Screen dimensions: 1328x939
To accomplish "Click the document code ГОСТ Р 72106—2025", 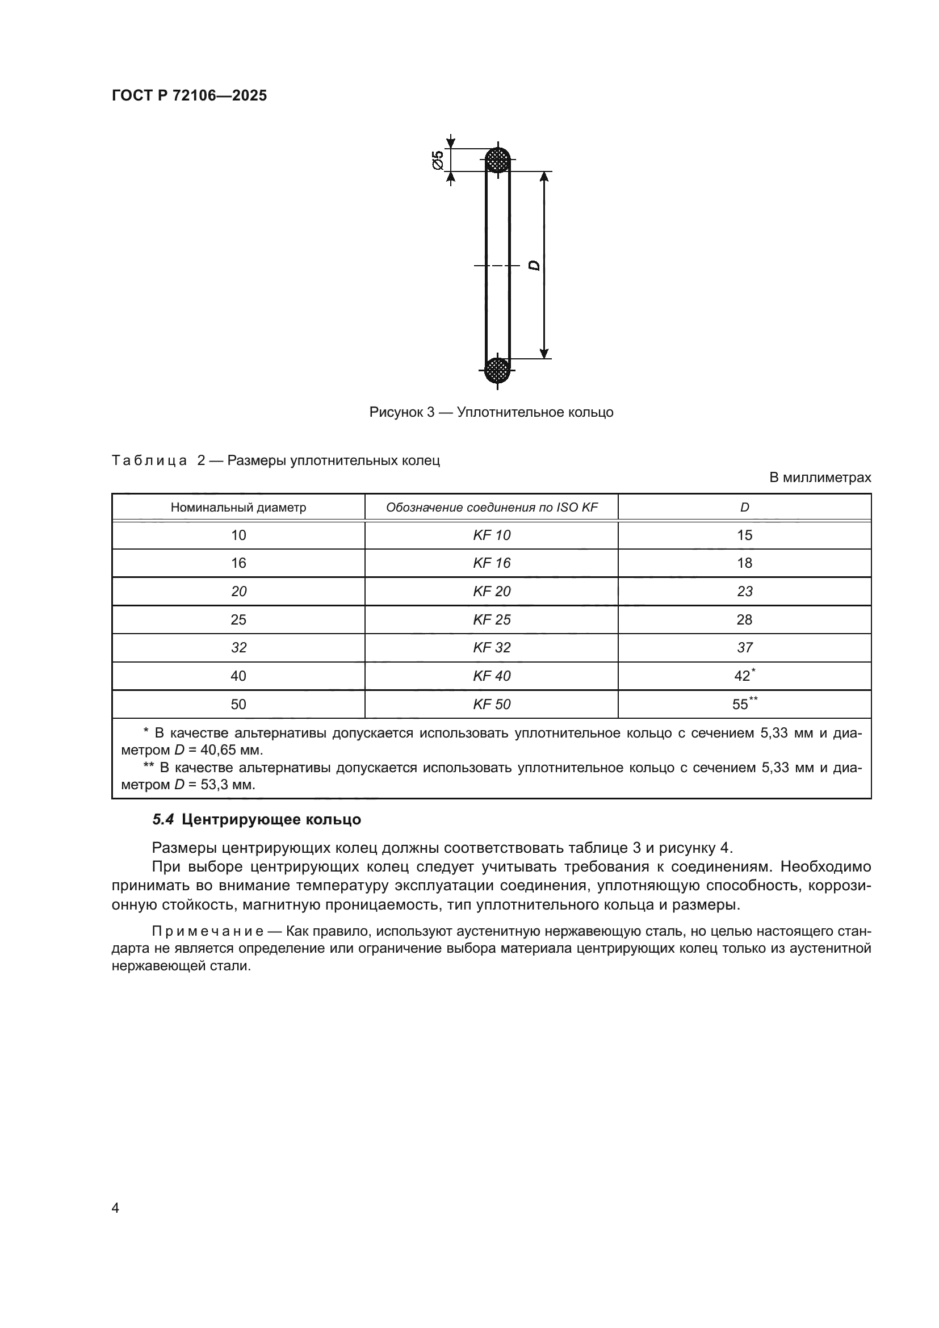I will (189, 95).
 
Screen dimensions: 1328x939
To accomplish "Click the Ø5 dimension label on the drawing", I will (438, 160).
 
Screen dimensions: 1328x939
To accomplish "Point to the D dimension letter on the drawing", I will (535, 266).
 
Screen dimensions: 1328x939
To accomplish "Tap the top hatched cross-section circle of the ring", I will (497, 160).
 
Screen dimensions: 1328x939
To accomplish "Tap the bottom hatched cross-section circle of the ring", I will (497, 370).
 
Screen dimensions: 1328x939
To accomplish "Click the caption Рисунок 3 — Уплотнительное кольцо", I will (491, 412).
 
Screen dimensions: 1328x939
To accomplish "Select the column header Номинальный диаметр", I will (238, 508).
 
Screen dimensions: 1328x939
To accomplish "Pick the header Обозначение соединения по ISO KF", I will (492, 508).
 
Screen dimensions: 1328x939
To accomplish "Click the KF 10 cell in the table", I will (492, 535).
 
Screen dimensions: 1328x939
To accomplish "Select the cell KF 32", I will (492, 648).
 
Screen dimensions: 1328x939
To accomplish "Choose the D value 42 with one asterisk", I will (744, 676).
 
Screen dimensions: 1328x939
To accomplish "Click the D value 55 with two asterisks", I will (742, 705).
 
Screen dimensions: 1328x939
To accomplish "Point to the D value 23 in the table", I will (745, 592).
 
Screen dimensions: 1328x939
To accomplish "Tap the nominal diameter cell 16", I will (238, 563).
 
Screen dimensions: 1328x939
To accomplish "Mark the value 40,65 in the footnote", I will (223, 751).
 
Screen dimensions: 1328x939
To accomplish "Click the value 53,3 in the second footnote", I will (220, 785).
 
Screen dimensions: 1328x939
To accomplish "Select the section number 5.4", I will (162, 820).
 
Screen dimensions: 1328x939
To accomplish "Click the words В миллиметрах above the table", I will (820, 477).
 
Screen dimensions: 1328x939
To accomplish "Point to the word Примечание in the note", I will (208, 931).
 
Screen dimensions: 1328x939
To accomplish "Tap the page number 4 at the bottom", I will (115, 1208).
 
